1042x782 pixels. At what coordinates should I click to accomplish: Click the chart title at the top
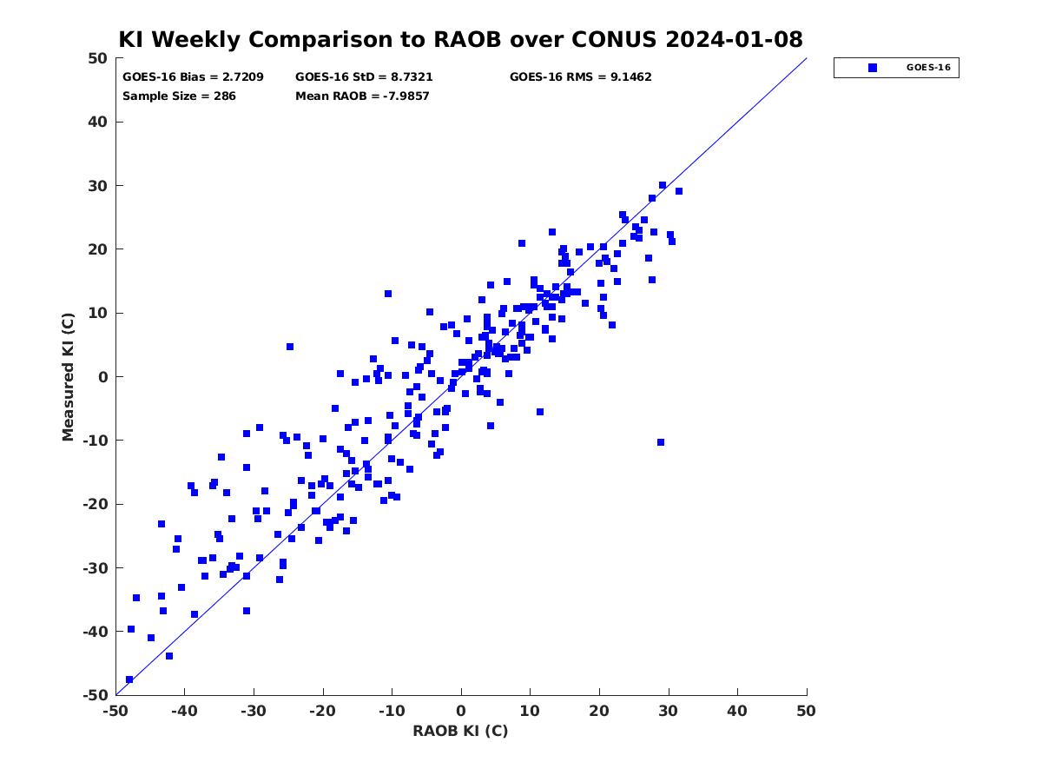[460, 39]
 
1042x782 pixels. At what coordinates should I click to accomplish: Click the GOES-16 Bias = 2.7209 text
[193, 77]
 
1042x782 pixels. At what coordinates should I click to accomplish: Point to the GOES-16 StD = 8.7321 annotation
[364, 77]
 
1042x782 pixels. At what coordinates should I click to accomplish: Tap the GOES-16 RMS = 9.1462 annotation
[580, 77]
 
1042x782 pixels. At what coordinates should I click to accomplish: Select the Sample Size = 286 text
[179, 96]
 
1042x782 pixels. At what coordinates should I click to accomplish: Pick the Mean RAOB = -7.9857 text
[362, 96]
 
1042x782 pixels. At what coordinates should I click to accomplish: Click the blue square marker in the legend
[872, 68]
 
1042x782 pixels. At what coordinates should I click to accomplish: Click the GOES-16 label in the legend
[928, 68]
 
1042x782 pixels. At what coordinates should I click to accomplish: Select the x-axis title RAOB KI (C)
[460, 731]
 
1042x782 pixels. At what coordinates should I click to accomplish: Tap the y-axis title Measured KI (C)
[68, 376]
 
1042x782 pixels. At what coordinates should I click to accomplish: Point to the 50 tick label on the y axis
[98, 58]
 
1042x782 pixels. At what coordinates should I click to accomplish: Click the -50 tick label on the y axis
[95, 695]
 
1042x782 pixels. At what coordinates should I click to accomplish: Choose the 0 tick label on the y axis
[103, 377]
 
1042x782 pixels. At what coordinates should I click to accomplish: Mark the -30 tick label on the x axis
[254, 711]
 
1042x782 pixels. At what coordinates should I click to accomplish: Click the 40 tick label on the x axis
[737, 711]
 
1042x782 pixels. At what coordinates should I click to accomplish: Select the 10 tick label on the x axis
[530, 711]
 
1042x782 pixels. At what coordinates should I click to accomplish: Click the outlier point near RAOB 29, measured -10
[660, 442]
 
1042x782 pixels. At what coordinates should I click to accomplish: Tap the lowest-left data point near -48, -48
[129, 679]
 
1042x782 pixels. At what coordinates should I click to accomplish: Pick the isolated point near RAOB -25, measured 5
[289, 347]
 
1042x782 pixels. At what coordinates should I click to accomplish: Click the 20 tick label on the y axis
[98, 249]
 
